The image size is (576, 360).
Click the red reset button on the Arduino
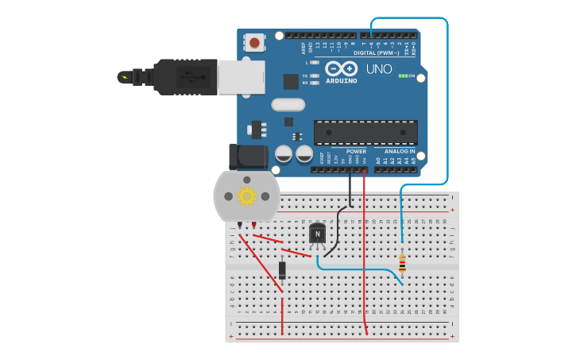click(x=254, y=43)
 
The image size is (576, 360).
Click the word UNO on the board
click(x=379, y=69)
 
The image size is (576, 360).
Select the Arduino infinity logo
click(x=340, y=68)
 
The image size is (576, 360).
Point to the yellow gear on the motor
click(x=246, y=195)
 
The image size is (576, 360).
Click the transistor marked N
click(x=318, y=234)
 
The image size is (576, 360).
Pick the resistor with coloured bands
click(x=402, y=263)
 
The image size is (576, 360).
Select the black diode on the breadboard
click(x=282, y=270)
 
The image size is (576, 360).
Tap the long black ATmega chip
click(x=365, y=132)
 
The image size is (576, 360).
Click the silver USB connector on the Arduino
click(x=242, y=77)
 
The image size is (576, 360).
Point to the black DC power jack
click(x=246, y=157)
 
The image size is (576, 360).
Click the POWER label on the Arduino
click(x=357, y=151)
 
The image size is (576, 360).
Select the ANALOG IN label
click(x=400, y=151)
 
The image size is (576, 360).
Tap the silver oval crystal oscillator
click(x=288, y=104)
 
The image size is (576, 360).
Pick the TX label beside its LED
click(x=305, y=76)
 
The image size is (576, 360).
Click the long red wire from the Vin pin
click(x=365, y=254)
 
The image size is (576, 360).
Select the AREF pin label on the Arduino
click(x=303, y=48)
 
